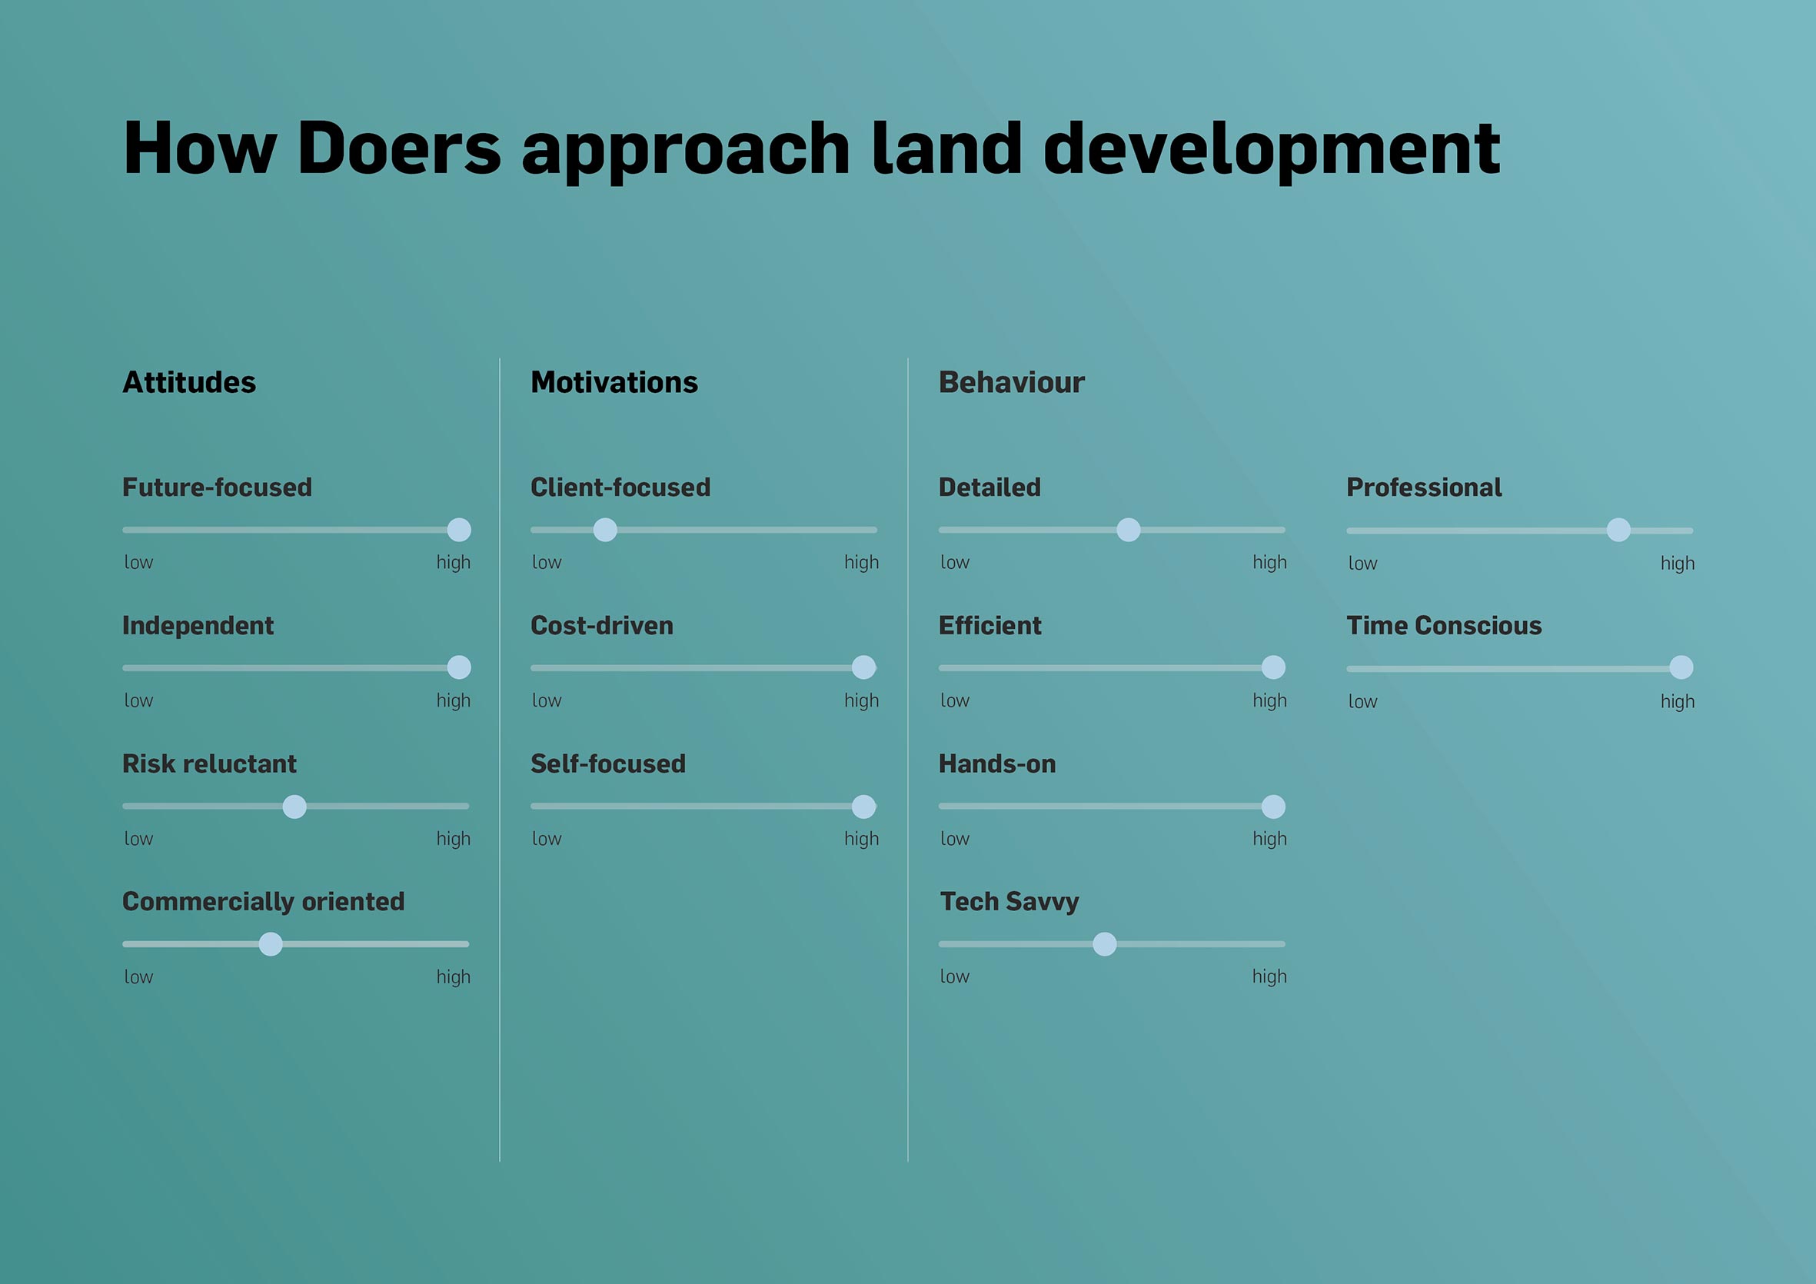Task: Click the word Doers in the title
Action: (x=400, y=148)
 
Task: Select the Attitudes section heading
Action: (x=189, y=382)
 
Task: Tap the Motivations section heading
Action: (x=614, y=382)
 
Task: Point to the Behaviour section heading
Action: (x=1012, y=382)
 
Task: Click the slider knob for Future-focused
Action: (x=459, y=530)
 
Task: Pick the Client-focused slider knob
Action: (x=605, y=530)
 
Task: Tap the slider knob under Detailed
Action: (x=1129, y=530)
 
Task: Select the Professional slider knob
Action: (x=1619, y=530)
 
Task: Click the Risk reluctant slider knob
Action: (x=294, y=807)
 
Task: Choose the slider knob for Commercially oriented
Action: (x=271, y=944)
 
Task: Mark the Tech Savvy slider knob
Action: (x=1105, y=944)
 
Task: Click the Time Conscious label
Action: (x=1444, y=626)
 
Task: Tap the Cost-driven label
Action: (x=602, y=626)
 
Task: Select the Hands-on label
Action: (x=997, y=763)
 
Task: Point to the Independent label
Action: (x=198, y=626)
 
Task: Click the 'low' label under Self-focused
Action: (x=547, y=839)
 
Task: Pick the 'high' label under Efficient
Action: (x=1269, y=701)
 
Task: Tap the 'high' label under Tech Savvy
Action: (x=1269, y=977)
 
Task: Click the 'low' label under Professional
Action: (x=1363, y=564)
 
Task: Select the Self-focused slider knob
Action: (x=863, y=807)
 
